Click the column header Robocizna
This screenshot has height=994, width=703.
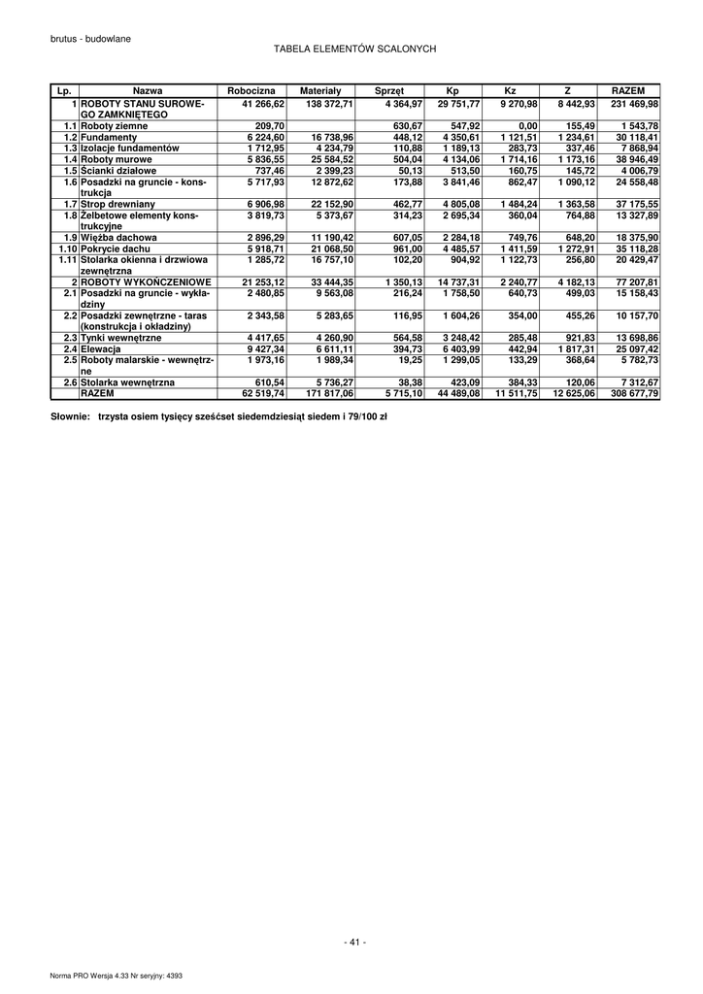tap(251, 90)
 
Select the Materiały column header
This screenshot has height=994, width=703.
tap(314, 90)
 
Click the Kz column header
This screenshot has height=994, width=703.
tap(511, 90)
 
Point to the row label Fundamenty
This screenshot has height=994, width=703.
tap(109, 138)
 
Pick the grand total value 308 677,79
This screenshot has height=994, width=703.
tap(634, 394)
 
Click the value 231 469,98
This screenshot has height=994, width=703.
tap(634, 103)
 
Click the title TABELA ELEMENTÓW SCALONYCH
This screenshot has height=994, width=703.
tap(354, 48)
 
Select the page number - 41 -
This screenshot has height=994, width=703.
tap(354, 942)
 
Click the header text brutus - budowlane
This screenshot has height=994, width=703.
tap(90, 38)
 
